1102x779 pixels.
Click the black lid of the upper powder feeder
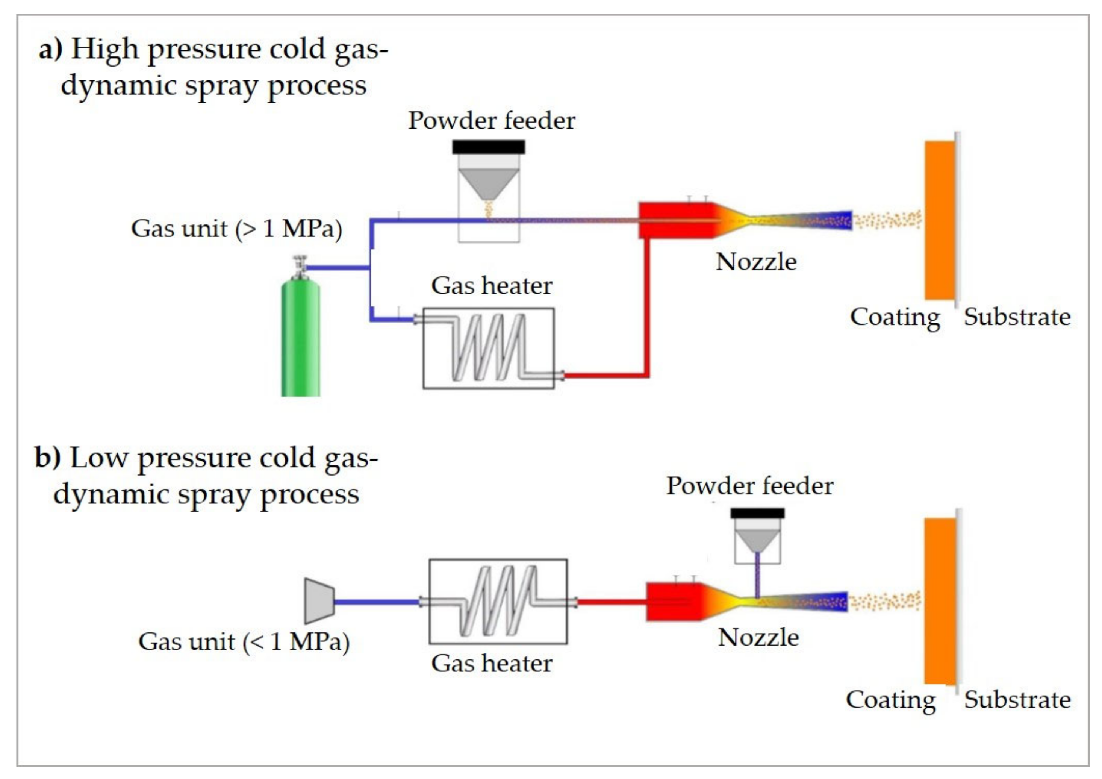pos(488,147)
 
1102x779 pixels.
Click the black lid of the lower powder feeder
pos(757,513)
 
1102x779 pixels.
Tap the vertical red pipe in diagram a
pos(646,307)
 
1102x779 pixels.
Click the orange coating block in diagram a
pos(939,220)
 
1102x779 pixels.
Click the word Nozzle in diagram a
pos(756,262)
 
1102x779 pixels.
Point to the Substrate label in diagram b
pos(1017,699)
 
